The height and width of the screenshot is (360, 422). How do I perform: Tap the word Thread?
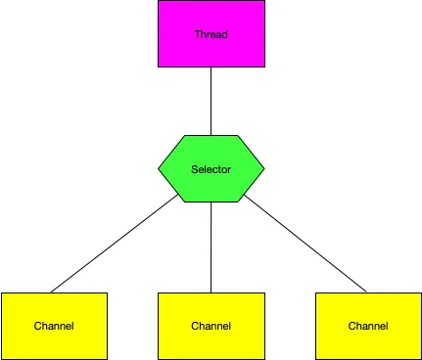pos(211,34)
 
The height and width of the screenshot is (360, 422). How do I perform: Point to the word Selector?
pos(211,169)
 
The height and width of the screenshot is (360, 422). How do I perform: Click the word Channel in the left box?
pos(53,326)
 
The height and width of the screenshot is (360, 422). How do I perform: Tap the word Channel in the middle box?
pos(211,326)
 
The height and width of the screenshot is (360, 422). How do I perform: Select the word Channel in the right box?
pos(367,326)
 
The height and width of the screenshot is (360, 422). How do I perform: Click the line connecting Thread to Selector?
pos(211,102)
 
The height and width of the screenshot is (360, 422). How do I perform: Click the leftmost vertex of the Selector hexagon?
pos(159,168)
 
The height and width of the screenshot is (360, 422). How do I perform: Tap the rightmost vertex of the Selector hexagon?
pos(263,168)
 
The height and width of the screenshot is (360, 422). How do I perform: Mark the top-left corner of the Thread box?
pos(159,1)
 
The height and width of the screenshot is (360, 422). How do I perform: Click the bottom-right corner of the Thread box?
pos(264,67)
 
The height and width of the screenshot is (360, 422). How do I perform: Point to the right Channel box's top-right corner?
pos(420,292)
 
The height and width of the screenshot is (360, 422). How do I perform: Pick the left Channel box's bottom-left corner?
pos(1,358)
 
